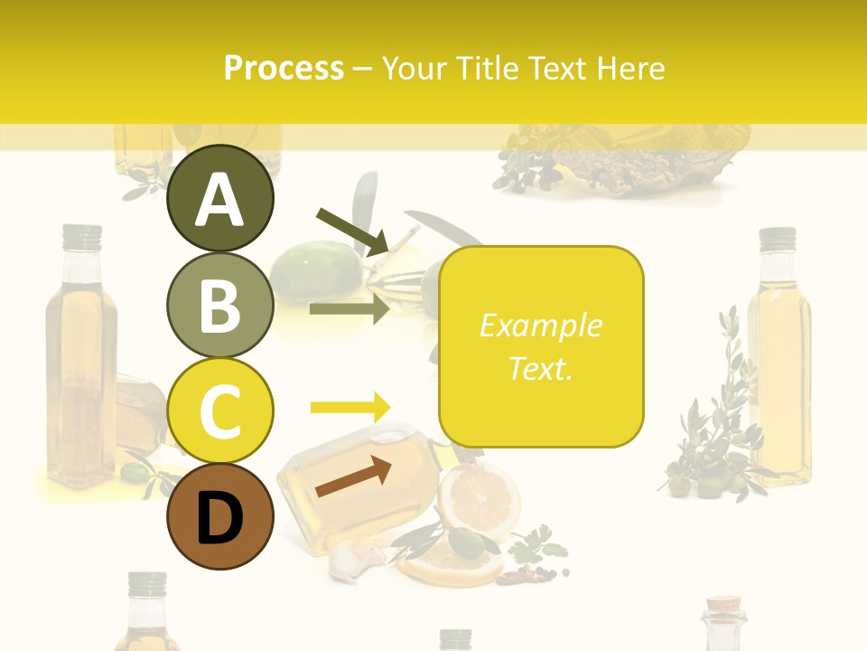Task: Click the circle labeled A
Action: point(220,198)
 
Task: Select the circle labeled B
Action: point(220,305)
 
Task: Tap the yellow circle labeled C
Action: point(220,410)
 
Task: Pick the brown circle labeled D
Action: point(220,516)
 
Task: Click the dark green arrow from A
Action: point(353,231)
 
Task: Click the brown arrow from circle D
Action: point(353,476)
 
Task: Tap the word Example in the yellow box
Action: point(540,325)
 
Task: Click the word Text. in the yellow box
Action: point(540,368)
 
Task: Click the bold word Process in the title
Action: point(284,68)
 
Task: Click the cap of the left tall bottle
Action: point(81,237)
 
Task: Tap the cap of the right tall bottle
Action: point(777,239)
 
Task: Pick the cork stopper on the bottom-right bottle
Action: point(724,603)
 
